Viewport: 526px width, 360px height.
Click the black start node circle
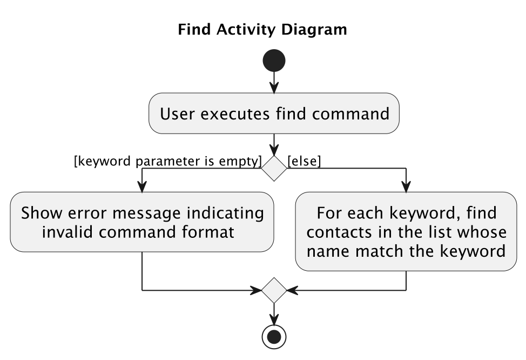(274, 61)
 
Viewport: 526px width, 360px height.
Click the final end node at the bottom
(274, 337)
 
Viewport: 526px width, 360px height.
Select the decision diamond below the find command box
(274, 168)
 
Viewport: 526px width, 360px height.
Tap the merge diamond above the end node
(274, 290)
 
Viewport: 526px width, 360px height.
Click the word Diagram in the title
(314, 30)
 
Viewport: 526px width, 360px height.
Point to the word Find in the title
(194, 30)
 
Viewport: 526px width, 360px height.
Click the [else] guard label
(304, 161)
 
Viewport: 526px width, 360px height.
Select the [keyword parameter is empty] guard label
(168, 161)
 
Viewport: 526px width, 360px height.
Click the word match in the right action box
(380, 251)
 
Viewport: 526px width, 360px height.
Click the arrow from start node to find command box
(274, 83)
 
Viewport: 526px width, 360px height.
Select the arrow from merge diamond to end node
(274, 315)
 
